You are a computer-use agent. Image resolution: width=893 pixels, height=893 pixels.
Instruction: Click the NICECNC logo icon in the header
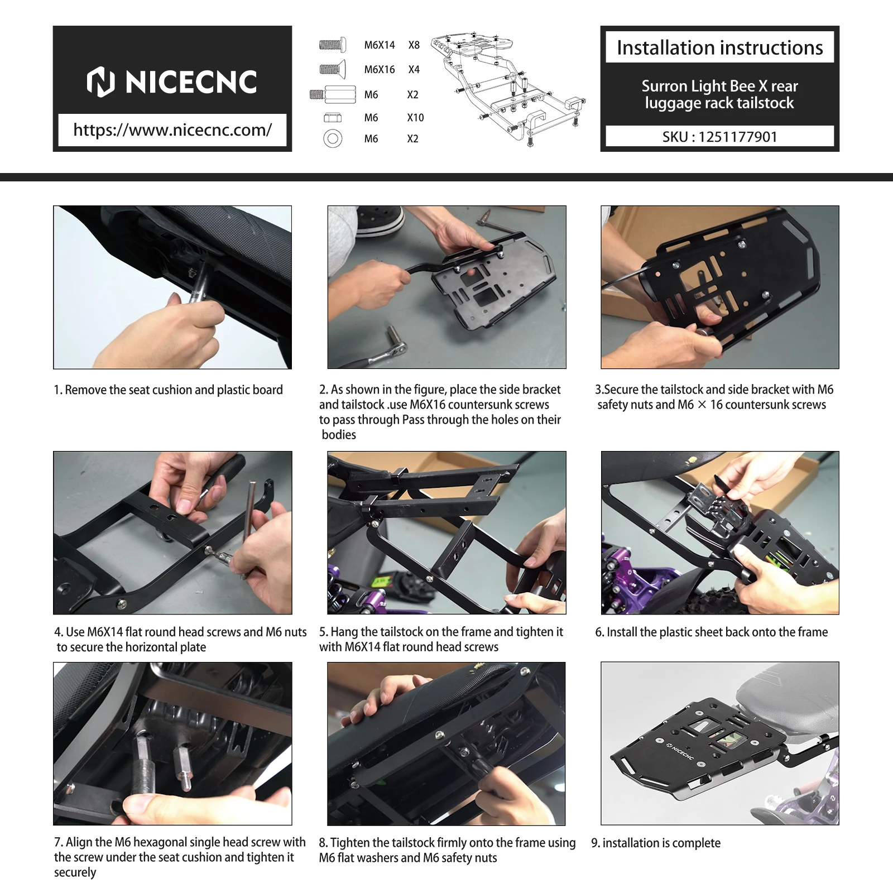[101, 81]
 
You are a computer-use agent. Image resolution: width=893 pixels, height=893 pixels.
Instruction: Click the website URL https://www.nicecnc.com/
[172, 130]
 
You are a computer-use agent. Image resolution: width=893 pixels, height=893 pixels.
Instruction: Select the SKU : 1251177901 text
[719, 137]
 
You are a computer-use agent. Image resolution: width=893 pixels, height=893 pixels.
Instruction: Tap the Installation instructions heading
[719, 48]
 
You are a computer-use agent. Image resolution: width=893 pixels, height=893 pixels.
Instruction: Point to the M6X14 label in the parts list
[380, 45]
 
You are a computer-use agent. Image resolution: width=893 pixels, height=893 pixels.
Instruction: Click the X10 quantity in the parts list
[415, 118]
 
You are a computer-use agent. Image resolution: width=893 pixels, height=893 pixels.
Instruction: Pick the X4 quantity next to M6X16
[414, 70]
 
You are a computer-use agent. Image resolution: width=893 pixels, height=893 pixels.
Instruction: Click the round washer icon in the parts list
[333, 138]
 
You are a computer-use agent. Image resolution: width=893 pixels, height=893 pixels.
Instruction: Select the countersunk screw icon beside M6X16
[333, 69]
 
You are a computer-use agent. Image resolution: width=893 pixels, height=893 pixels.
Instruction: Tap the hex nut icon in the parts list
[333, 118]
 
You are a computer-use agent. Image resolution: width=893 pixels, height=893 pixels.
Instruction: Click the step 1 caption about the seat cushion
[169, 390]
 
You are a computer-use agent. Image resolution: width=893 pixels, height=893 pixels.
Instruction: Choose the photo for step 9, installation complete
[720, 743]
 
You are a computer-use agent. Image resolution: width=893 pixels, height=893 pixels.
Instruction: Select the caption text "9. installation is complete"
[656, 843]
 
